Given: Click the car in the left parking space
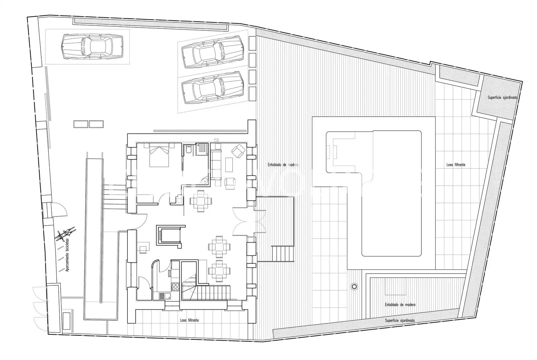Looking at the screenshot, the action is (92, 46).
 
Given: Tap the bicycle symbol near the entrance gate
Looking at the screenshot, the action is (65, 233).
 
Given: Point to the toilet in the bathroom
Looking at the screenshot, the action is (188, 149).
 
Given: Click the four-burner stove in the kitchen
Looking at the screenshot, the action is (175, 286).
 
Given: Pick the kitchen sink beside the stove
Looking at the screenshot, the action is (165, 296).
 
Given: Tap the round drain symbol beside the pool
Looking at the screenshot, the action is (354, 286).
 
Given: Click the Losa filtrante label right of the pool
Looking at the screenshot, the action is (456, 165).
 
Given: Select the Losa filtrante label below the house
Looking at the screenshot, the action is (189, 320).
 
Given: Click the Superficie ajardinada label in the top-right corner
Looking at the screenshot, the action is (502, 98).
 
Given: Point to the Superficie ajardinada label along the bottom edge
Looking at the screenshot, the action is (400, 320).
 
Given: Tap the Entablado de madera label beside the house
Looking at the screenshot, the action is (283, 165).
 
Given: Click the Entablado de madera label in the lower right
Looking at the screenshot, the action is (400, 305).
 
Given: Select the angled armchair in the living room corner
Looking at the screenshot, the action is (238, 151).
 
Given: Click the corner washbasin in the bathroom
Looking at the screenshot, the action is (204, 181).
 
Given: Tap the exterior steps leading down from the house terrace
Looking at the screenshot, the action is (283, 254).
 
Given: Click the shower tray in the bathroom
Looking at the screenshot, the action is (202, 149).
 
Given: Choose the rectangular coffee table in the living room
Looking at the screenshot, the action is (229, 165).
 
